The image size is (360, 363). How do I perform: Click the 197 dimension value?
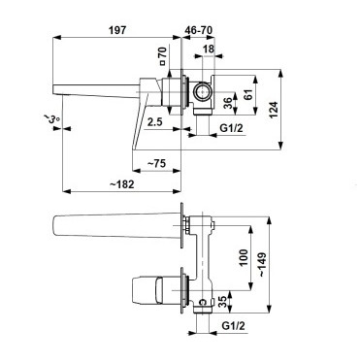(117, 30)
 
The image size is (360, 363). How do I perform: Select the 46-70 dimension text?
(199, 30)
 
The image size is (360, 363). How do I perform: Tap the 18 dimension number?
(209, 49)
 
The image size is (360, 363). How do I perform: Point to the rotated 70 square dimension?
(162, 56)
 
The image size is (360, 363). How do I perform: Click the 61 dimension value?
(248, 94)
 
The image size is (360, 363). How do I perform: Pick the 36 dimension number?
(228, 103)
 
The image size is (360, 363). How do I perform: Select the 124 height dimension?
(274, 110)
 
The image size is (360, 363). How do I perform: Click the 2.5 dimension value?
(154, 122)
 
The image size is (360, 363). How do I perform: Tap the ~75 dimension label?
(156, 163)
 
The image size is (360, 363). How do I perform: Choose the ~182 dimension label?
(121, 184)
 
